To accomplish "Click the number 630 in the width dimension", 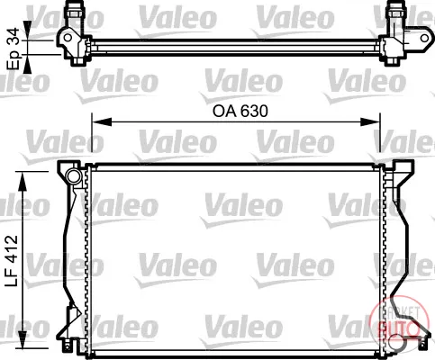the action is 254,112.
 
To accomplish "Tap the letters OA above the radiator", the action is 224,112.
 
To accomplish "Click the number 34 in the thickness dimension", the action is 13,37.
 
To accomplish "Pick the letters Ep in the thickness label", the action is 14,60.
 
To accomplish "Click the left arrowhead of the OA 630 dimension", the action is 102,121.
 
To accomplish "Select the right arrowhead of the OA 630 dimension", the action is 370,121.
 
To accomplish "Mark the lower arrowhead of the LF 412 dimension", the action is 23,339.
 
